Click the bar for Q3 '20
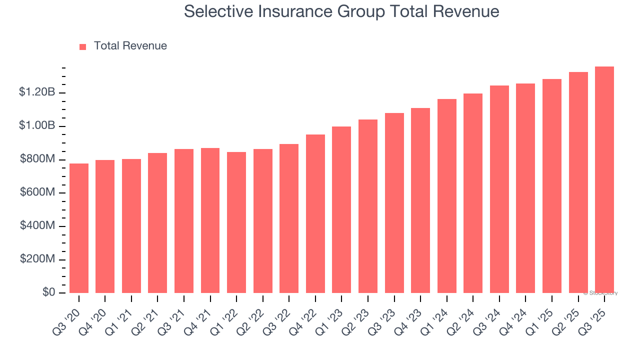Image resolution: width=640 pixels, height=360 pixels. tap(79, 228)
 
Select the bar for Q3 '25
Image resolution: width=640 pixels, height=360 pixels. tap(604, 180)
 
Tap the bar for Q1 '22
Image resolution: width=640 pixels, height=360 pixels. tap(236, 222)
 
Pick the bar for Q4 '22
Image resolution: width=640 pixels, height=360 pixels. tap(315, 214)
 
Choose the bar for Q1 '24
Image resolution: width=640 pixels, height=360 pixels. tap(447, 196)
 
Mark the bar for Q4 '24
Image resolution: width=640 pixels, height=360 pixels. tap(525, 188)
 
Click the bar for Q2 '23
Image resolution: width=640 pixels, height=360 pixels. tap(368, 206)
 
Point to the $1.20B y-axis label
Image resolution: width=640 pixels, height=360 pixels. tap(37, 92)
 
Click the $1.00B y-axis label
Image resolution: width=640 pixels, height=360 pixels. tap(37, 126)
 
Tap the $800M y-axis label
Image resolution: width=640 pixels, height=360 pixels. tap(37, 159)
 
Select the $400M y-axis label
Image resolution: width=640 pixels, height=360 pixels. tap(37, 226)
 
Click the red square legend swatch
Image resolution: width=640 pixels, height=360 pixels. tap(83, 46)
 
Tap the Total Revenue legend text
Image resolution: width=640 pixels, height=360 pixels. tap(130, 46)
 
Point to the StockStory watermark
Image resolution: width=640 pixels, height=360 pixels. tap(600, 293)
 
